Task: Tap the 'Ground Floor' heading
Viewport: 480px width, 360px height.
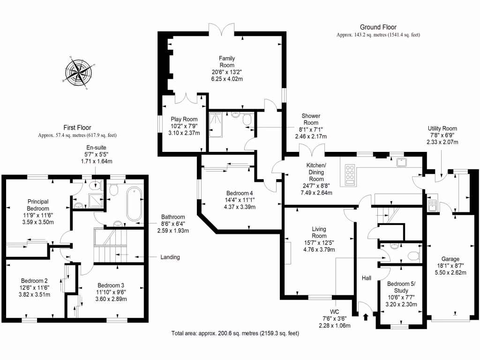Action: [378, 28]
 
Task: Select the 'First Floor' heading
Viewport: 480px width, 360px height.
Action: [77, 127]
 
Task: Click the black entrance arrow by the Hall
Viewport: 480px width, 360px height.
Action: [366, 317]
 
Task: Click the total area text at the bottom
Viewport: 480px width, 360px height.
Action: [235, 333]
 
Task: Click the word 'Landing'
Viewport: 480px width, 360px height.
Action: [170, 257]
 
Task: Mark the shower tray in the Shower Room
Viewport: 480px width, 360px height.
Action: [216, 124]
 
